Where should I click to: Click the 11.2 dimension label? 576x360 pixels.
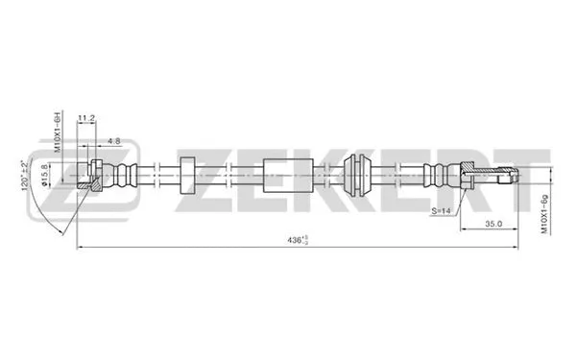pos(87,118)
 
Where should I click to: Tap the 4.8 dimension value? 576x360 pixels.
pos(114,141)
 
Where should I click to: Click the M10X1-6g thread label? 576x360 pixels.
pos(543,214)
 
